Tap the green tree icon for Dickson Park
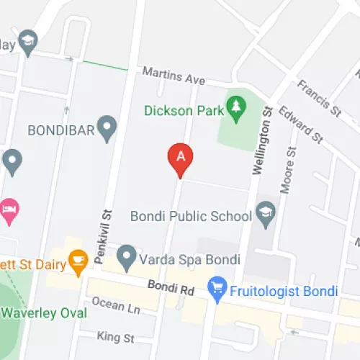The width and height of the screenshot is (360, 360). [235, 107]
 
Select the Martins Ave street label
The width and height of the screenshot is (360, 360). [174, 74]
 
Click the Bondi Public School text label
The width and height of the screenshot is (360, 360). [191, 216]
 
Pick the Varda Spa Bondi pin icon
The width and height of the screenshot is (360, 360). [127, 254]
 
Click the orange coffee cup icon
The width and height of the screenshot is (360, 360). [77, 261]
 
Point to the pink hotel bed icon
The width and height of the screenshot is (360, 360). [9, 210]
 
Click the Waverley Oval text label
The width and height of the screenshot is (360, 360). [45, 313]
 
